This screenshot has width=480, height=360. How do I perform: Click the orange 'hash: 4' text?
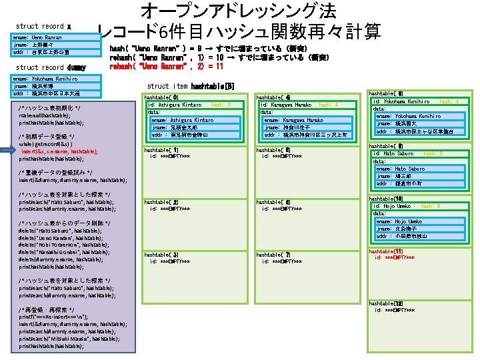pyautogui.click(x=329, y=105)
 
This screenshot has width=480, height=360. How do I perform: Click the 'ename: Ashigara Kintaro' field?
pyautogui.click(x=182, y=120)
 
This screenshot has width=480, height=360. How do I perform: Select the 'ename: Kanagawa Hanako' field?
pyautogui.click(x=293, y=120)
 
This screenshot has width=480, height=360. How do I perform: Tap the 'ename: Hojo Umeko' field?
pyautogui.click(x=399, y=221)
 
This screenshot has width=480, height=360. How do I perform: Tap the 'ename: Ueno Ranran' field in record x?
pyautogui.click(x=37, y=38)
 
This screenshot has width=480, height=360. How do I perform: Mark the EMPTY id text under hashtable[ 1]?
pyautogui.click(x=170, y=157)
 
